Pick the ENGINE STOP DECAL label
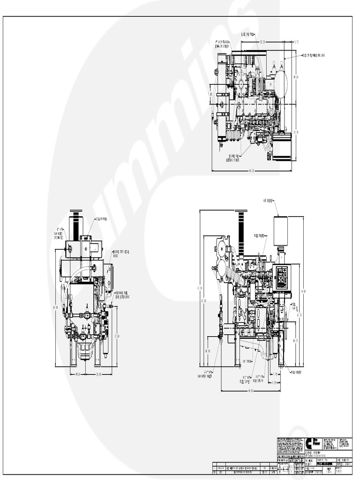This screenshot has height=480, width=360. point(121,254)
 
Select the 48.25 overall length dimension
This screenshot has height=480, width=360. point(251,170)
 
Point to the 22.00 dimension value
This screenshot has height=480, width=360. point(117,336)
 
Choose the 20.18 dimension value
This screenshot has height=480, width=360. point(98,374)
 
